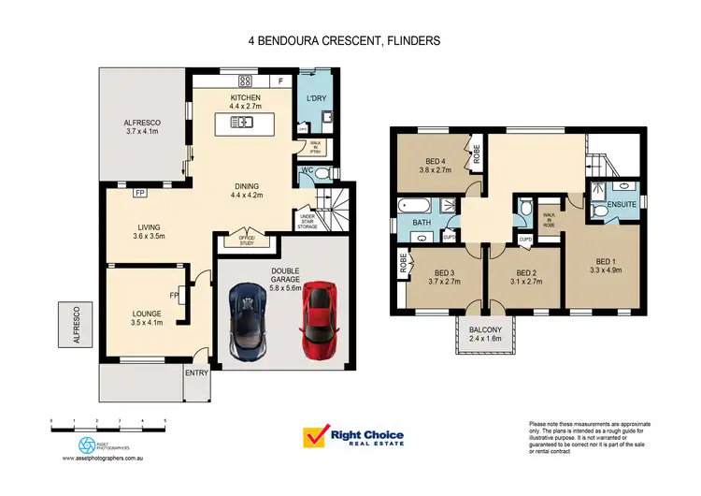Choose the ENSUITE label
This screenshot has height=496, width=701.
[621, 203]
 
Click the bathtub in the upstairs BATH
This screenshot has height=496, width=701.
[412, 205]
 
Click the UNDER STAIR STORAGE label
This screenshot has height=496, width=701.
[308, 221]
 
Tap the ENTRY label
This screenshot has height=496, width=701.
[198, 372]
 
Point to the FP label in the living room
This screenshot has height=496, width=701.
[140, 193]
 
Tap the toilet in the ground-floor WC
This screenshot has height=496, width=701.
[322, 174]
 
